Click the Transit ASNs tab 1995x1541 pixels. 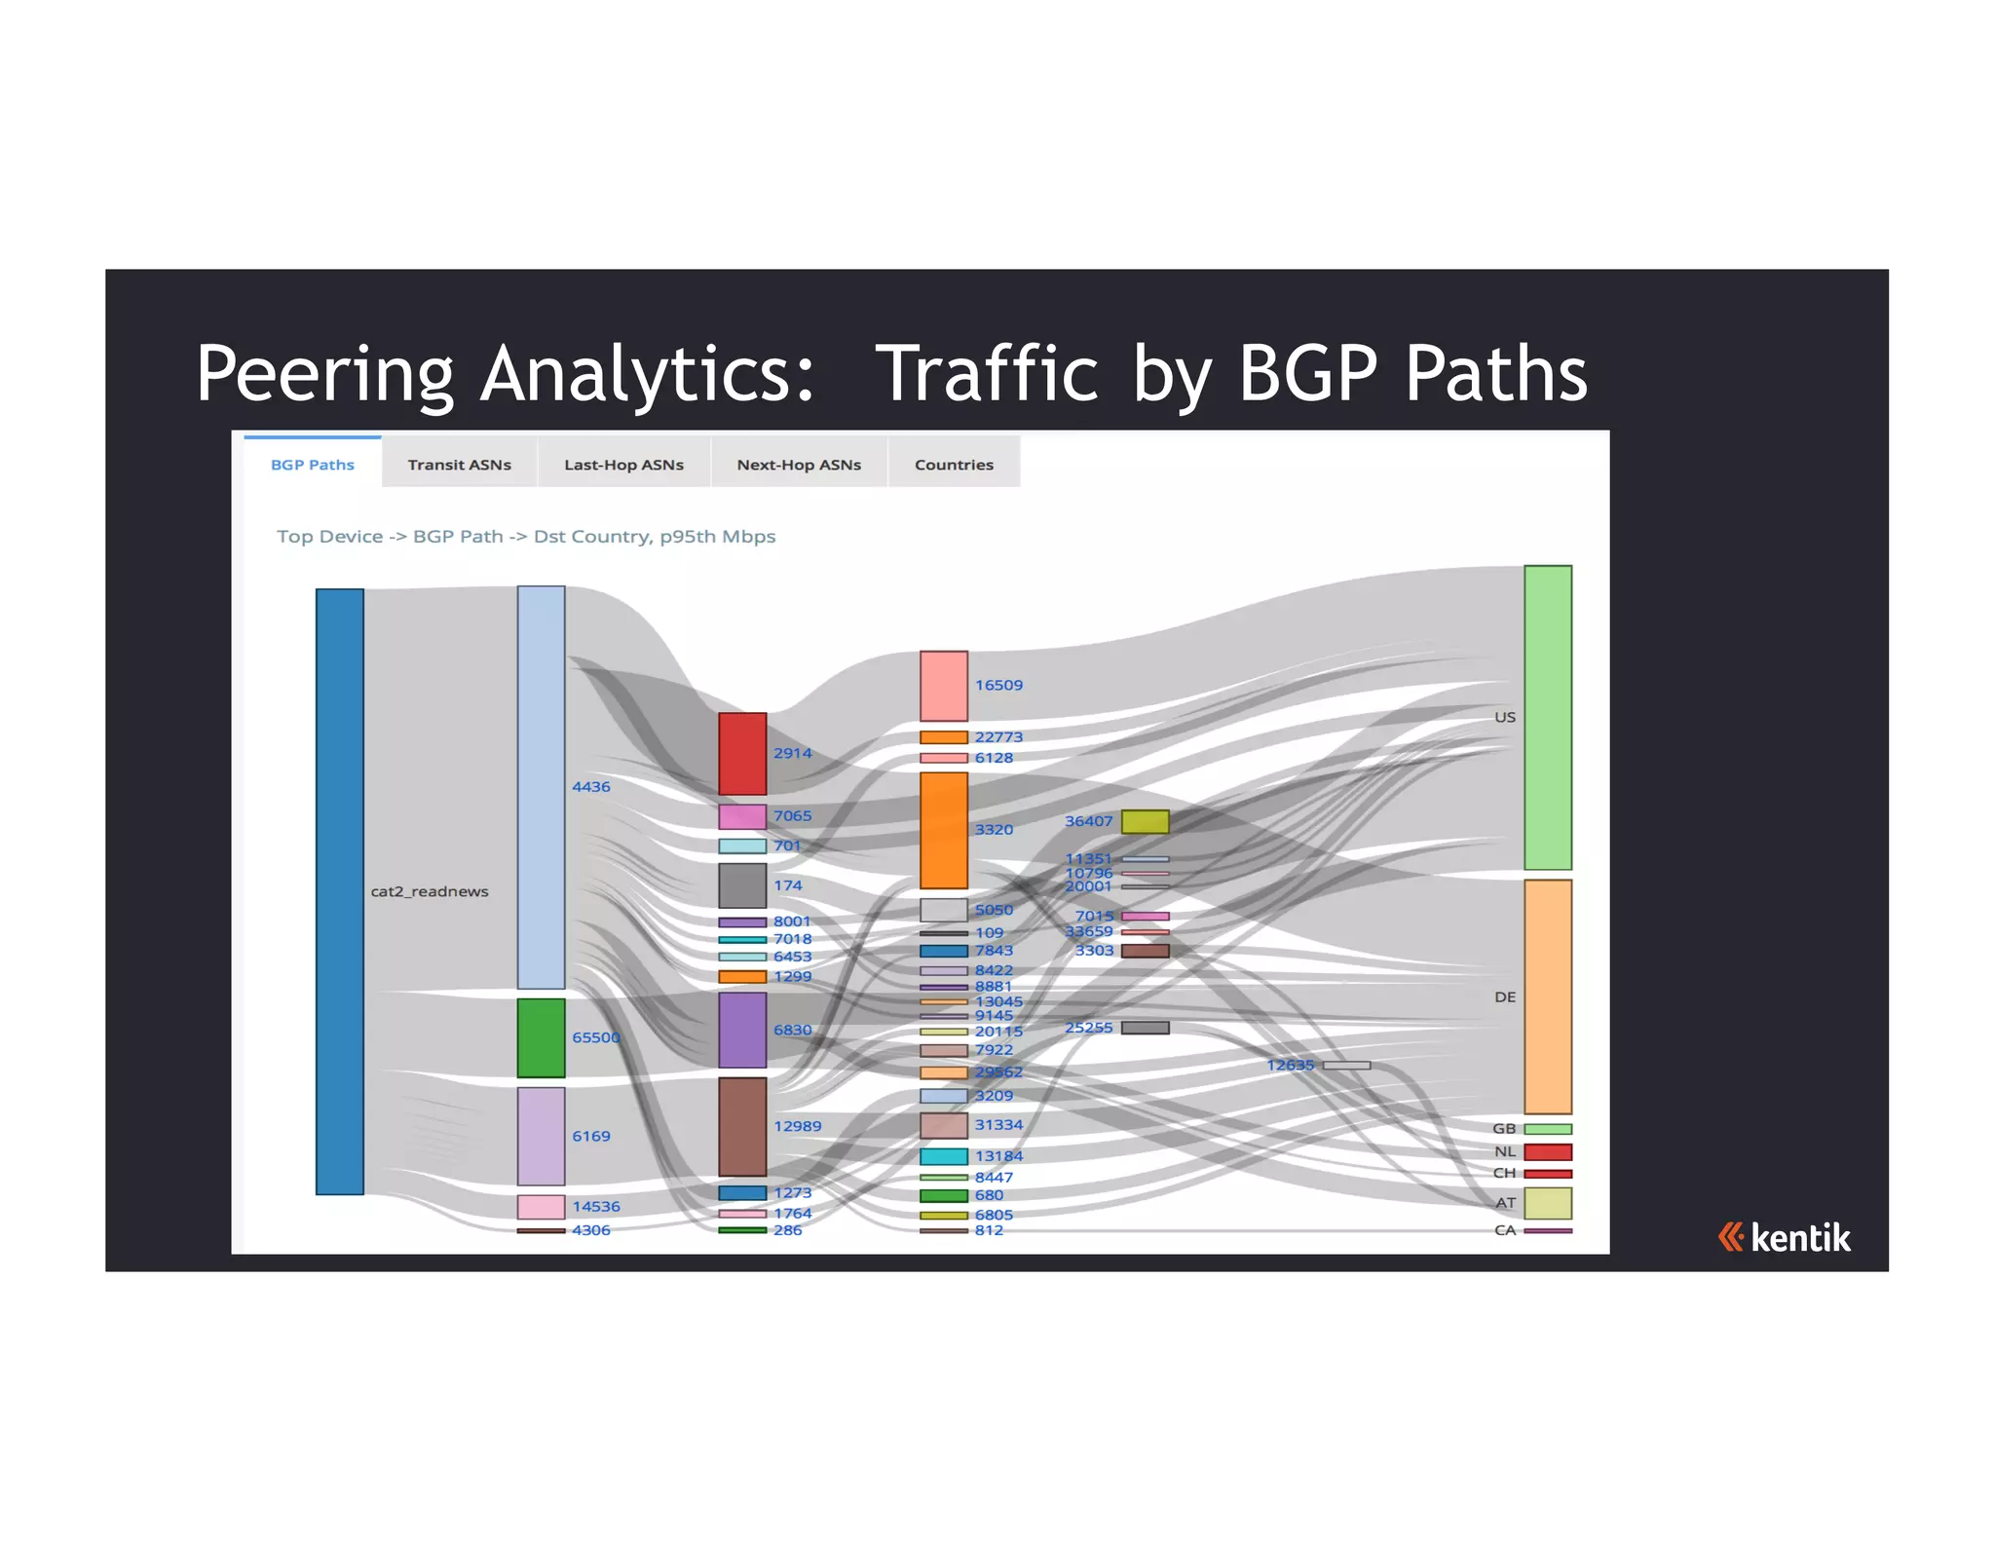[x=459, y=465]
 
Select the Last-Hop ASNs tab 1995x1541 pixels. [x=623, y=465]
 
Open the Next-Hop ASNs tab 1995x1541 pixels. [x=799, y=465]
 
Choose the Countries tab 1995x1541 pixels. [x=954, y=465]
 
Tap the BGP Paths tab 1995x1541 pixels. [x=312, y=465]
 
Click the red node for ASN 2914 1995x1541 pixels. [x=742, y=753]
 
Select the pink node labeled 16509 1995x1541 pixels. [x=943, y=686]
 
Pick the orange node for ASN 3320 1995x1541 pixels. [x=943, y=830]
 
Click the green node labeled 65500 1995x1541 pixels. [x=541, y=1037]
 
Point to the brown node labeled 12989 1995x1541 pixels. [x=742, y=1126]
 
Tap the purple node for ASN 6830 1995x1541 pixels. [x=742, y=1030]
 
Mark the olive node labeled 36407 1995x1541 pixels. [x=1145, y=821]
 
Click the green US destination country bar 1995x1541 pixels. [x=1547, y=717]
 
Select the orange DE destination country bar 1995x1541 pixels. [x=1547, y=996]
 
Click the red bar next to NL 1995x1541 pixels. [x=1547, y=1152]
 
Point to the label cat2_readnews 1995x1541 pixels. [x=430, y=891]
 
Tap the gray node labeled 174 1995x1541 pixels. [x=742, y=885]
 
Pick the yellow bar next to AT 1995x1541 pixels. [x=1547, y=1203]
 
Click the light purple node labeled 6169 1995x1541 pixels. [x=541, y=1136]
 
